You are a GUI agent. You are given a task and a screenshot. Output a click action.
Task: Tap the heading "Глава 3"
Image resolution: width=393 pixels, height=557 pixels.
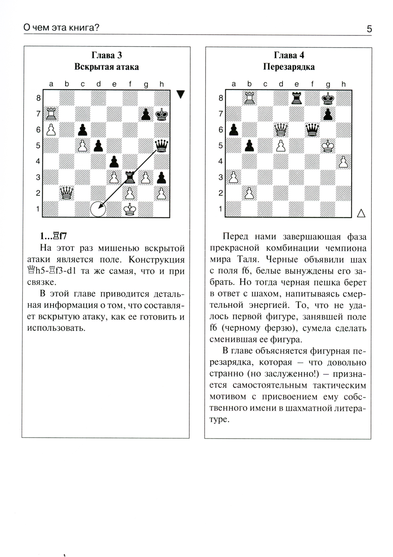[x=107, y=55]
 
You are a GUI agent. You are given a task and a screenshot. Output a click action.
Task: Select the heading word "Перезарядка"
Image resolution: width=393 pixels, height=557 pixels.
[x=289, y=67]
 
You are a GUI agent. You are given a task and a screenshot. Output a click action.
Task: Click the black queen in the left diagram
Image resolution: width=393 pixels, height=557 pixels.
[x=162, y=145]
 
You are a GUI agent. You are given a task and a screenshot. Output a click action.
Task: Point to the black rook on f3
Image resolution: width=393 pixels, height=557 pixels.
[x=130, y=177]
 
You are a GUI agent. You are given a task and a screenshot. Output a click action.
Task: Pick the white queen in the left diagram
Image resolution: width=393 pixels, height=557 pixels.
[x=66, y=193]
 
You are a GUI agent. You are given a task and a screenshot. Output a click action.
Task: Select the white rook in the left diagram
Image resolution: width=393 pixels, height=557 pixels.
[x=51, y=114]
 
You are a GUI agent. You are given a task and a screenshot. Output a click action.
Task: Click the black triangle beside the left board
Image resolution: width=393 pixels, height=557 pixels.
[x=180, y=95]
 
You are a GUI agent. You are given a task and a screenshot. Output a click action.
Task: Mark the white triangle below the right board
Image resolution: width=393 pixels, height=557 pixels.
[x=361, y=213]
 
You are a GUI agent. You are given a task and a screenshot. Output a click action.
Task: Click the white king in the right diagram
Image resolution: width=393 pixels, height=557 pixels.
[x=328, y=145]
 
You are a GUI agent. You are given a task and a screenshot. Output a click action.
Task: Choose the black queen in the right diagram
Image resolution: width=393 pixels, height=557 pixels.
[x=312, y=129]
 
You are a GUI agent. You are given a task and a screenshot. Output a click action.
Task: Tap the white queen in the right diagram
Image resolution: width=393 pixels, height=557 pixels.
[x=281, y=129]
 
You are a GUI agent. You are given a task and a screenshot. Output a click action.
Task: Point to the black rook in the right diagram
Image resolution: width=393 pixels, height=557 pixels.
[x=297, y=98]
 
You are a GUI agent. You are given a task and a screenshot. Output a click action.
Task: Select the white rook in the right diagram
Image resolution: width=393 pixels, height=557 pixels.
[x=250, y=98]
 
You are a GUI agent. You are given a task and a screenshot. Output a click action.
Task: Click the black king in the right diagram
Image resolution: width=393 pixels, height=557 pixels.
[x=328, y=98]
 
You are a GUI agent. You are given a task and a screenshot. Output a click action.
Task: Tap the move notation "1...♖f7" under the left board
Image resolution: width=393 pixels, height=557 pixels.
[x=54, y=236]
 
